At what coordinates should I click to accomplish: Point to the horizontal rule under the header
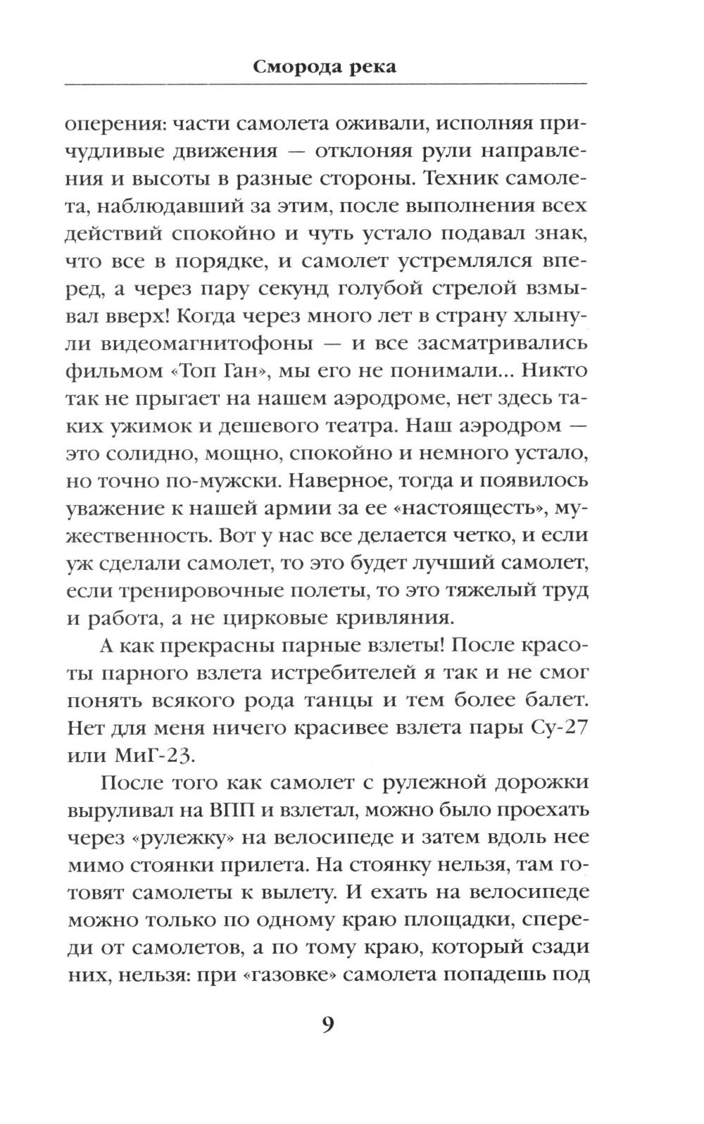click(x=326, y=85)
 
